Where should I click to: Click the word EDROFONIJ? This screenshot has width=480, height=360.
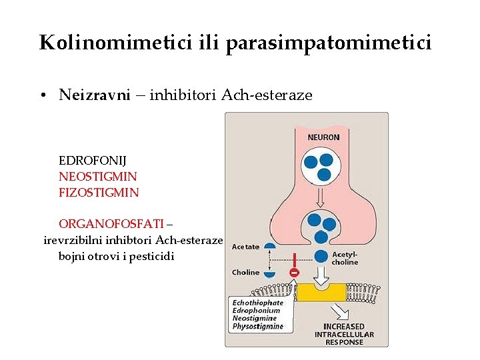pyautogui.click(x=93, y=161)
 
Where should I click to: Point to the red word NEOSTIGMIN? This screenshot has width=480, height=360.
pyautogui.click(x=98, y=177)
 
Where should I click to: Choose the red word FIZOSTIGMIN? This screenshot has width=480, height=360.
pyautogui.click(x=99, y=193)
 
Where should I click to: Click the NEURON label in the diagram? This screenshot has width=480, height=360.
pyautogui.click(x=323, y=137)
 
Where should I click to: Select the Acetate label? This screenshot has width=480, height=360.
pyautogui.click(x=245, y=247)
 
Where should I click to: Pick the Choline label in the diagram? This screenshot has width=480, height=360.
pyautogui.click(x=245, y=272)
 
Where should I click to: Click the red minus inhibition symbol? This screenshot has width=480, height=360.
pyautogui.click(x=294, y=272)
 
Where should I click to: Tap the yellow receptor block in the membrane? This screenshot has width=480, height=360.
pyautogui.click(x=321, y=291)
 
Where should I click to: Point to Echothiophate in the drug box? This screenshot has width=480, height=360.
pyautogui.click(x=257, y=303)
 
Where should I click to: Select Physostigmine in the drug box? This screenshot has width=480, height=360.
pyautogui.click(x=257, y=327)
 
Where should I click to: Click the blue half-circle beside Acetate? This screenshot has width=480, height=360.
pyautogui.click(x=269, y=246)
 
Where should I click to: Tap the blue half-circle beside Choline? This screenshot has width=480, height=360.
pyautogui.click(x=269, y=273)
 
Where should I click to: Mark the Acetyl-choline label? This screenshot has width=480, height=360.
pyautogui.click(x=345, y=258)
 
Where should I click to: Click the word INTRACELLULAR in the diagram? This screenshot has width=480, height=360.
pyautogui.click(x=344, y=334)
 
